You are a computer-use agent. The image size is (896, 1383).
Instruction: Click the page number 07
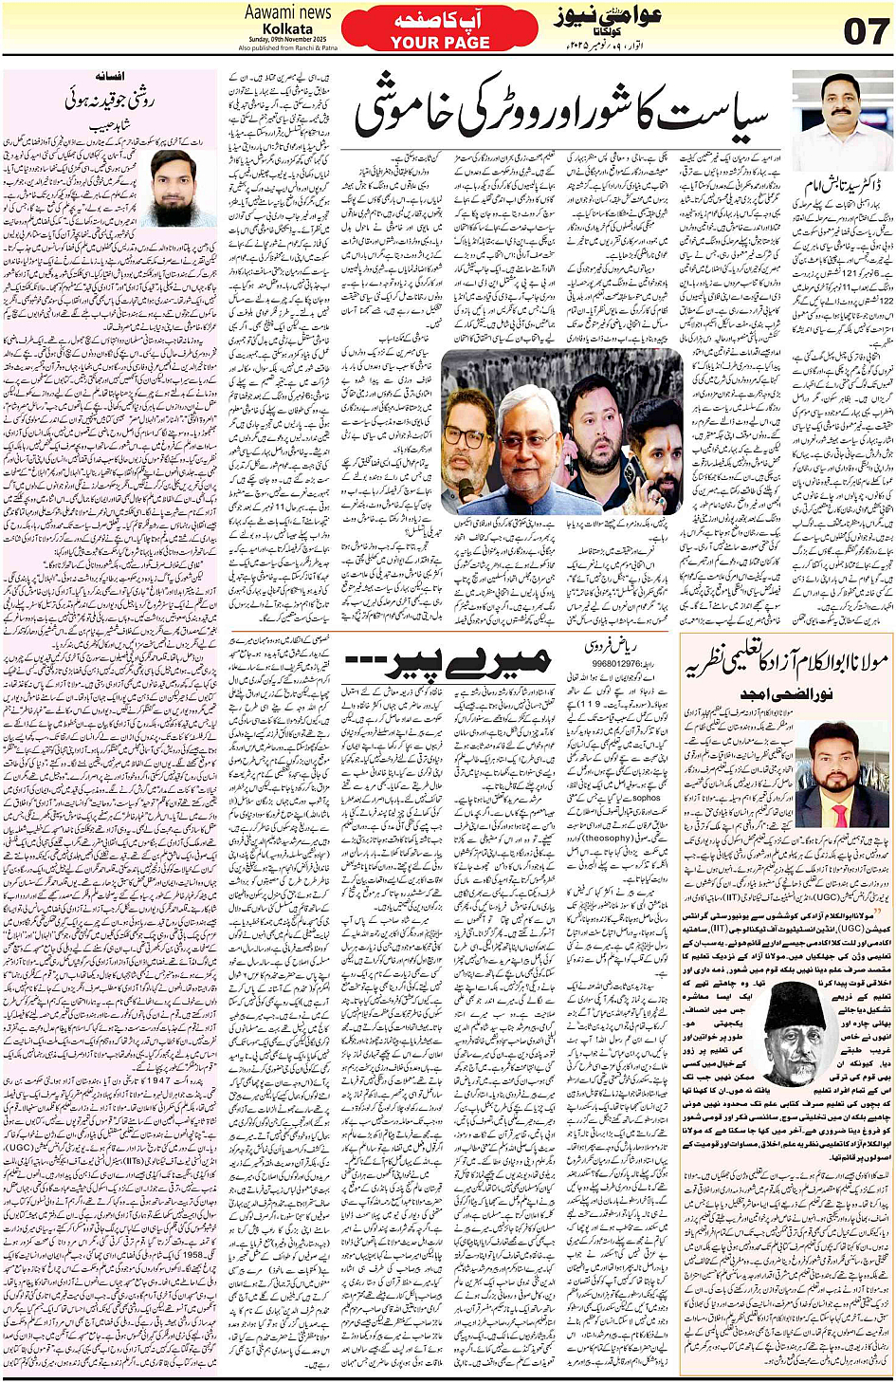coord(865,31)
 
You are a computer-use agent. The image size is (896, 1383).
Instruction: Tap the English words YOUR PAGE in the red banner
coord(440,43)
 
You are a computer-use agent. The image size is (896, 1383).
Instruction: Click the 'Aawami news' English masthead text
coord(288,12)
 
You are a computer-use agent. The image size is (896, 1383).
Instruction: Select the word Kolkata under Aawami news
coord(288,28)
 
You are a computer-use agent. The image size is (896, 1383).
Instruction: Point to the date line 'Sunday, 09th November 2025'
coord(288,40)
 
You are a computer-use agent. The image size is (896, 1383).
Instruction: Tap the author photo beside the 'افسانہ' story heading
coord(175,187)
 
